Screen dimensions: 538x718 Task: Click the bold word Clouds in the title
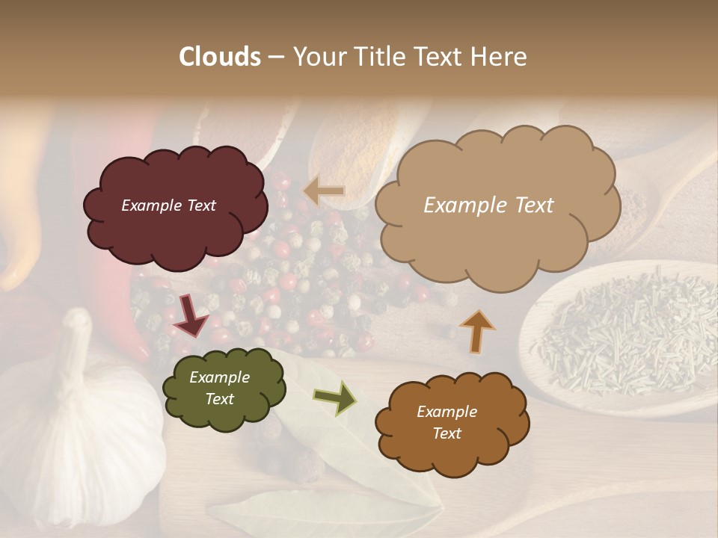[220, 57]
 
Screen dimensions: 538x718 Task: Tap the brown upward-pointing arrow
[476, 330]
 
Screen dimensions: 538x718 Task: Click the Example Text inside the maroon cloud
[168, 205]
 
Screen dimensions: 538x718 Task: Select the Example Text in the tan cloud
[488, 205]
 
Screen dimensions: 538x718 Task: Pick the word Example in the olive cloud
[219, 378]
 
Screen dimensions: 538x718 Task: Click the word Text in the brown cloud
[447, 433]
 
